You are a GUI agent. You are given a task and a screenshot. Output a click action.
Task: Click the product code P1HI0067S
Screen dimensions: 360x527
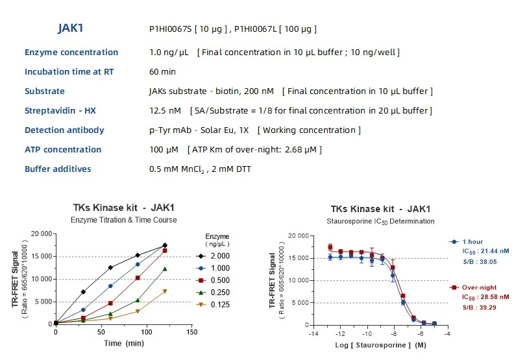coord(172,29)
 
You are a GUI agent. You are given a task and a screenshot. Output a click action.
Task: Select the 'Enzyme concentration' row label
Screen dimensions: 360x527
coord(71,52)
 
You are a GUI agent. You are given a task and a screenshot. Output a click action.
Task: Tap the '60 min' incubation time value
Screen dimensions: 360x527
coord(162,71)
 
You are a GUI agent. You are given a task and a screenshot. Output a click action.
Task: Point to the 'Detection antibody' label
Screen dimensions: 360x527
coord(64,130)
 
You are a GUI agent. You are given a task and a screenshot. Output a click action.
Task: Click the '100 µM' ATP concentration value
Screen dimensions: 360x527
coord(164,149)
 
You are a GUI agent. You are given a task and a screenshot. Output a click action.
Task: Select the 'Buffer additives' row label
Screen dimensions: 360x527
coord(58,169)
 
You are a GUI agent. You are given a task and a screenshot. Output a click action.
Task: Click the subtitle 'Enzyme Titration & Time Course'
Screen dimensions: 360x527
coord(123,220)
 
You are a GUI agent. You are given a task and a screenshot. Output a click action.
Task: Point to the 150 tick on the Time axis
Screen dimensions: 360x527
coord(191,331)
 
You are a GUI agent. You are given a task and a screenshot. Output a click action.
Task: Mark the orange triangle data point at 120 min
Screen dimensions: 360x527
coord(165,291)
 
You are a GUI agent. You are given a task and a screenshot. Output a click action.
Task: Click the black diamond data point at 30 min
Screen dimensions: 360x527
coord(83,292)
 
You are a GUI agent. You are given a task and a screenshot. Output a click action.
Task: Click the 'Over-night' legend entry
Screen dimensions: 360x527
coord(478,286)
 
